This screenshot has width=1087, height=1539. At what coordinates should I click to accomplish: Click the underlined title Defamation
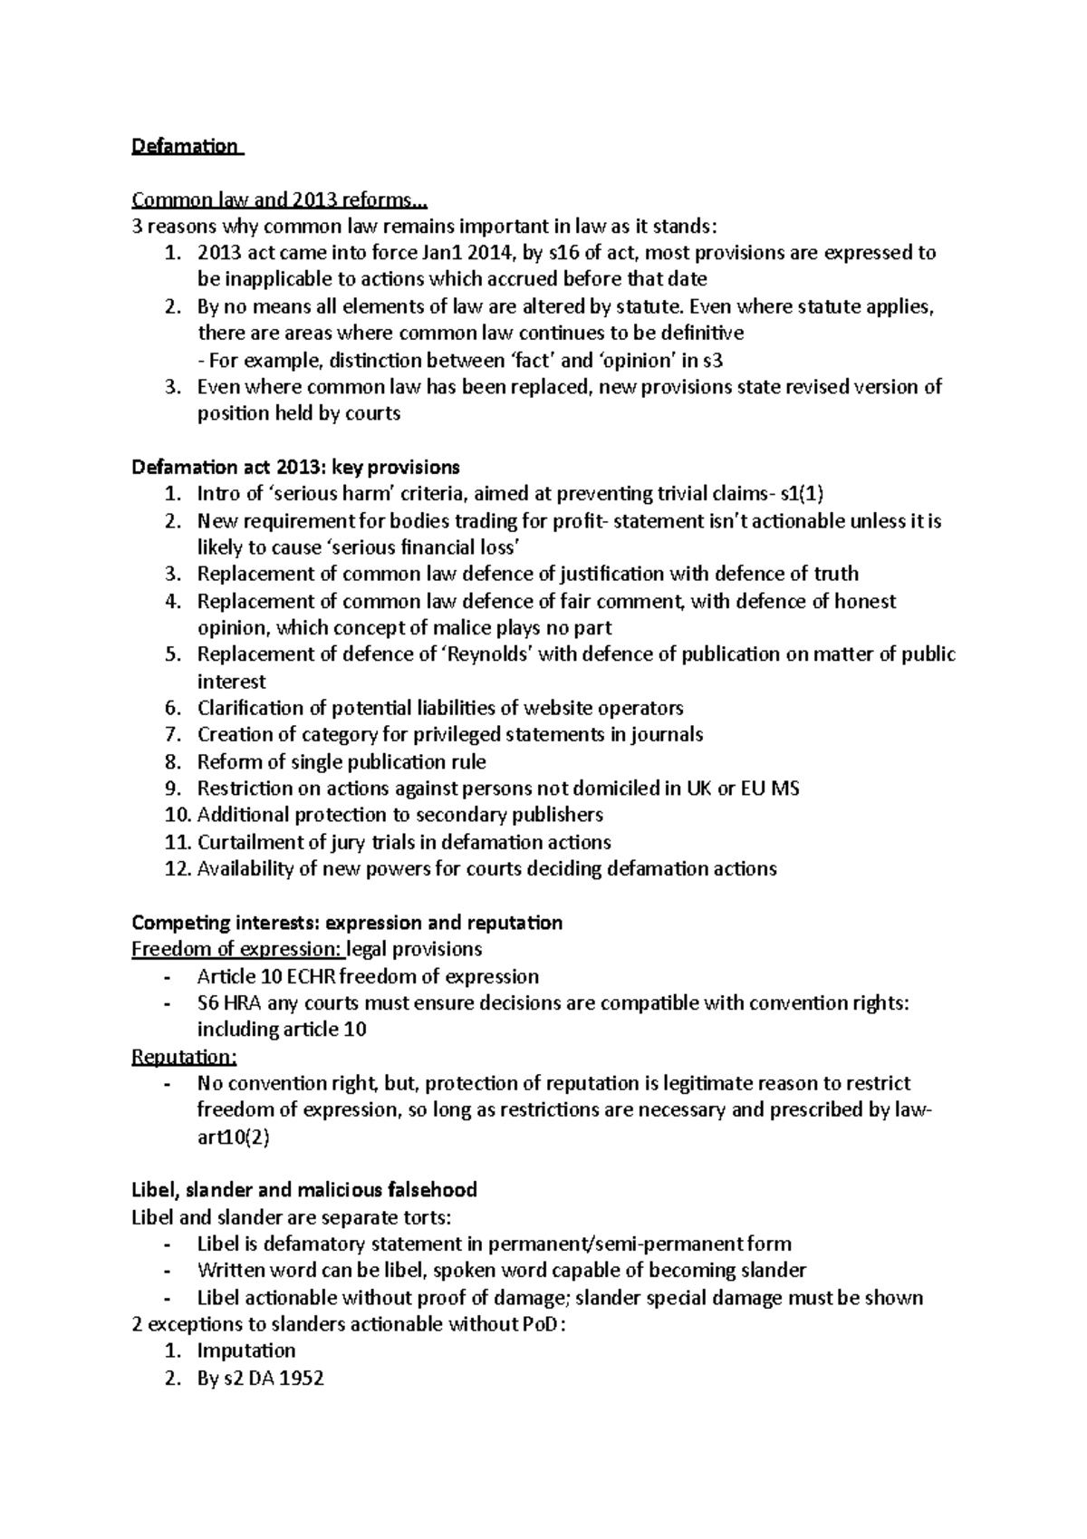185,146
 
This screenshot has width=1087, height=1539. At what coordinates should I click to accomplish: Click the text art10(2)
233,1137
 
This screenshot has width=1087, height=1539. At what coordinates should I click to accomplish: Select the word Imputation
246,1350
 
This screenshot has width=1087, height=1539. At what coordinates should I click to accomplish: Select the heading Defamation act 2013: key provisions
295,468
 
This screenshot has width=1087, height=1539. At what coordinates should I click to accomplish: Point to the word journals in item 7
669,734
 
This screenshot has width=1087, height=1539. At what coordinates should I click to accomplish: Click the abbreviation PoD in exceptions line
543,1324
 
